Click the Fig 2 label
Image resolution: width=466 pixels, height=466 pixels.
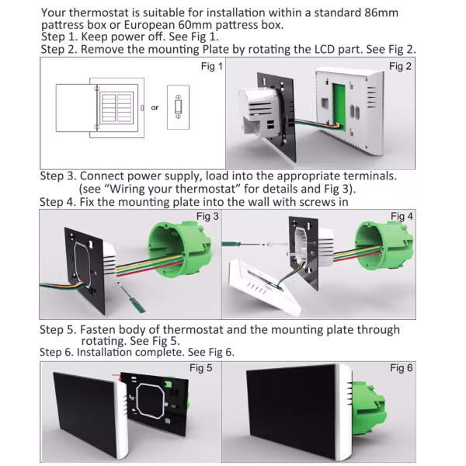[401, 67]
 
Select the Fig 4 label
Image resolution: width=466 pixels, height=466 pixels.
[402, 216]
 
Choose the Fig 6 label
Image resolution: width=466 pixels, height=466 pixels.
[402, 367]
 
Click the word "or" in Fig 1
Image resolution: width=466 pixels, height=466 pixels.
[155, 108]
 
